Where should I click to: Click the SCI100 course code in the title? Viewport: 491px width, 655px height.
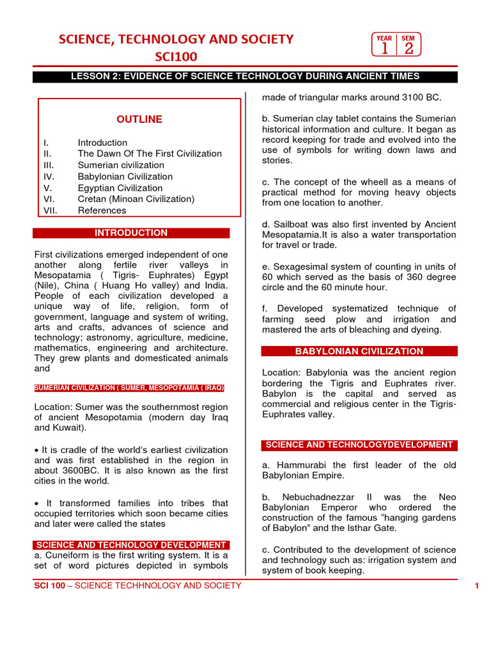pos(176,57)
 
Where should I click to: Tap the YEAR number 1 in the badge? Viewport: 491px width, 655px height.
pos(384,49)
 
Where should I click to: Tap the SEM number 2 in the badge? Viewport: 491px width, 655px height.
pos(409,49)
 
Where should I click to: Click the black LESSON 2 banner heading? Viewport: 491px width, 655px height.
pos(245,77)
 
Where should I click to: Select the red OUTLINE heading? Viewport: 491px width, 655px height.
pos(139,120)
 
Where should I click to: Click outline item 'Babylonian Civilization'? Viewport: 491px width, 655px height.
pos(125,177)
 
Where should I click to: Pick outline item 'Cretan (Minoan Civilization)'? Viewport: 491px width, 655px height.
pos(136,199)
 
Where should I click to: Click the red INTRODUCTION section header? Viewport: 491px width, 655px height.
pos(131,233)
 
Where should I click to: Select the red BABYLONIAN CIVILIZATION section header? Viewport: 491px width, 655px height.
pos(359,351)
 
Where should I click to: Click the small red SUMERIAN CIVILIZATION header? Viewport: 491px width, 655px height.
pos(129,388)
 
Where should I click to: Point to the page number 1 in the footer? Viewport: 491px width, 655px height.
pos(477,586)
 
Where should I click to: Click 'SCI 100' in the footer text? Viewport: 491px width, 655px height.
pos(49,586)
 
